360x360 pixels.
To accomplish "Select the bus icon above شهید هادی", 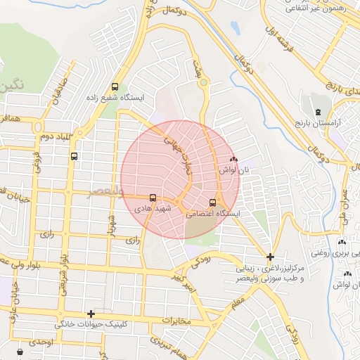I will coord(153,199).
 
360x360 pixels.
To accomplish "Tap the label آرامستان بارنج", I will coord(318,123).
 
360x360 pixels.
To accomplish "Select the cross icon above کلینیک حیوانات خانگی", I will coord(91,314).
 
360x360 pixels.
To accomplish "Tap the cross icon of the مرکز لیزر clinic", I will coord(271,257).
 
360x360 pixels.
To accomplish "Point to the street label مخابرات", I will coord(176,321).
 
